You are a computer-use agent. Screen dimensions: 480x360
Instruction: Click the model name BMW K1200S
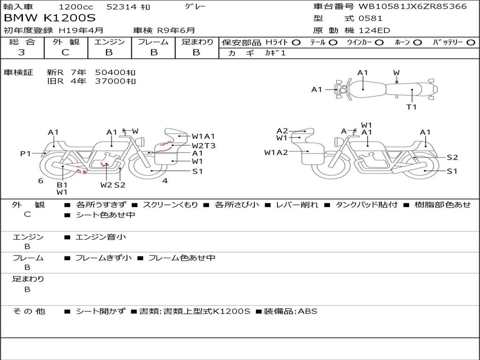point(50,18)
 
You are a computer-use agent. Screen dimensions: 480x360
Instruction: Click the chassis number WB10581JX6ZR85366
point(412,6)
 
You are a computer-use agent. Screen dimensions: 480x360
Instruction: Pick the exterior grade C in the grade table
point(65,52)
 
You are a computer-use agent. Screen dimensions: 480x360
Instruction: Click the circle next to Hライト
point(296,43)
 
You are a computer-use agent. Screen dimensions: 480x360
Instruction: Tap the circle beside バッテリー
point(471,43)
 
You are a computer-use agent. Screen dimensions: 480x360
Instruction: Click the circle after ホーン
point(418,43)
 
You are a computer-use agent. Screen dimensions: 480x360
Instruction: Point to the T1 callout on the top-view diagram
point(412,107)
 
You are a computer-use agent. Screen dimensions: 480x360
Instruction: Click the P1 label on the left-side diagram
point(25,153)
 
